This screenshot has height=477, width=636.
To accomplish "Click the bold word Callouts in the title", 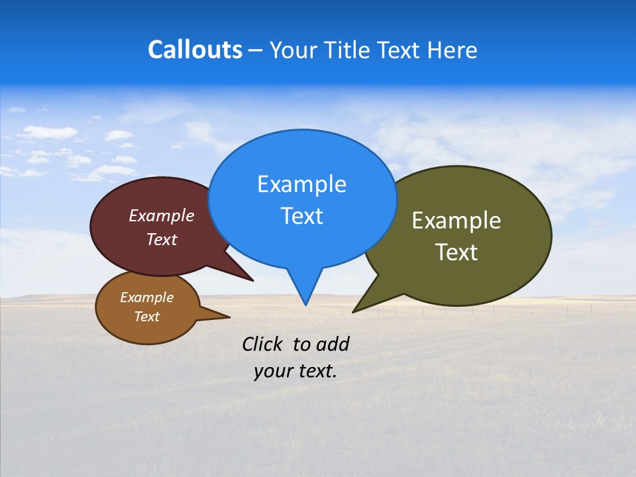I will [x=195, y=50].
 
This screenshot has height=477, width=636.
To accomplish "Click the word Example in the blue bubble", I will [x=301, y=184].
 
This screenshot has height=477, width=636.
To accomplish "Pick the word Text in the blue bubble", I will [x=301, y=216].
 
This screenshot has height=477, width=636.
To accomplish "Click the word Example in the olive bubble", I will [x=456, y=221].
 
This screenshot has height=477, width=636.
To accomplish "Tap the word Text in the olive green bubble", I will [x=456, y=252].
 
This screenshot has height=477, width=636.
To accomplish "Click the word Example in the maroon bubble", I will [x=161, y=216].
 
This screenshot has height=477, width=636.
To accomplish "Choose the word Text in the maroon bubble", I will [x=161, y=239].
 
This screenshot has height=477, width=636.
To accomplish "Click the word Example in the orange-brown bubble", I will [x=146, y=297].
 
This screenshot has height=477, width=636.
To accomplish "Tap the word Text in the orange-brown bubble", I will [x=146, y=317].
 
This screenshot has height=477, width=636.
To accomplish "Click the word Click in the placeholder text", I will [x=263, y=344].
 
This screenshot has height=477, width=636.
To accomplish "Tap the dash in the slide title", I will [x=256, y=50].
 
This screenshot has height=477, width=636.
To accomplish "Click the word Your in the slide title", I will [x=292, y=50].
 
